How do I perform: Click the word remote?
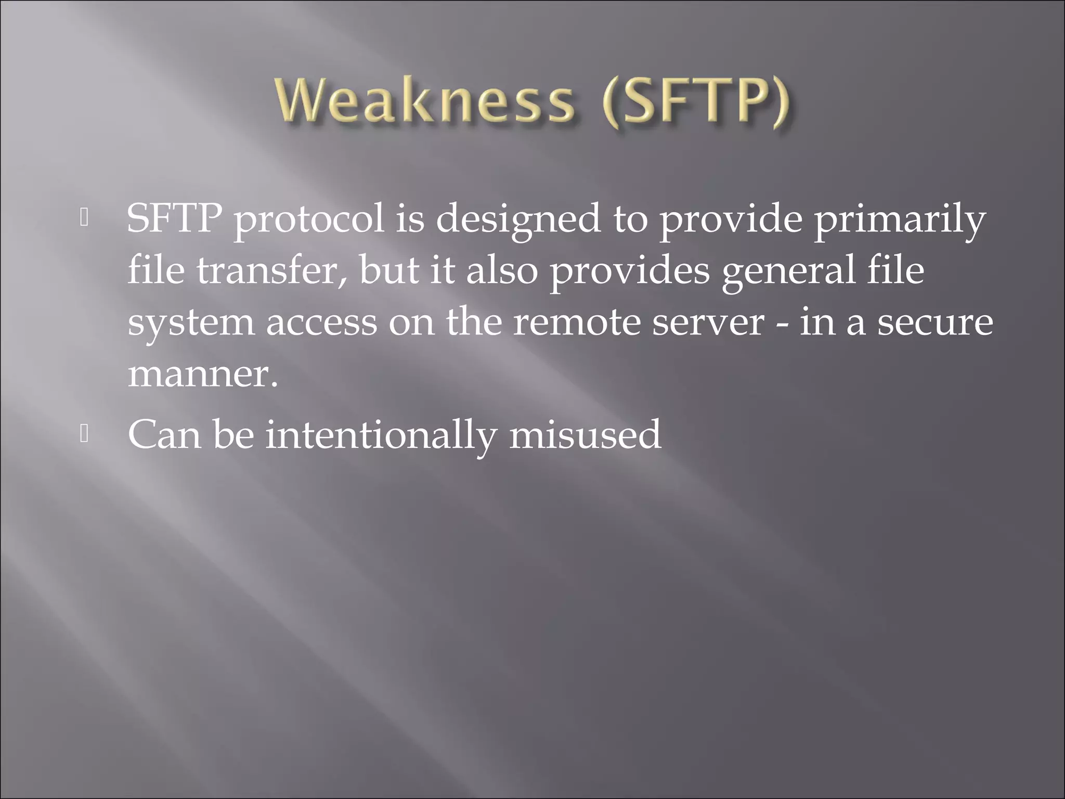tap(576, 323)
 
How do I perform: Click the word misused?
tap(585, 434)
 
